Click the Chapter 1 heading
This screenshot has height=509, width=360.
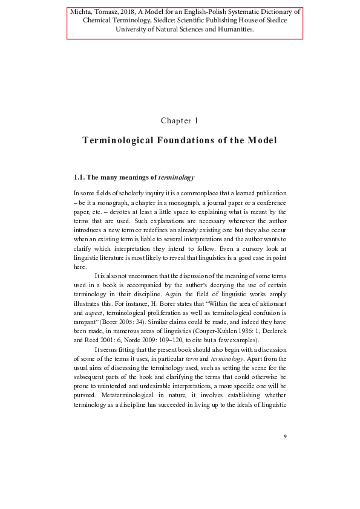coord(180,121)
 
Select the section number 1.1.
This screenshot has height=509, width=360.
coord(79,178)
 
